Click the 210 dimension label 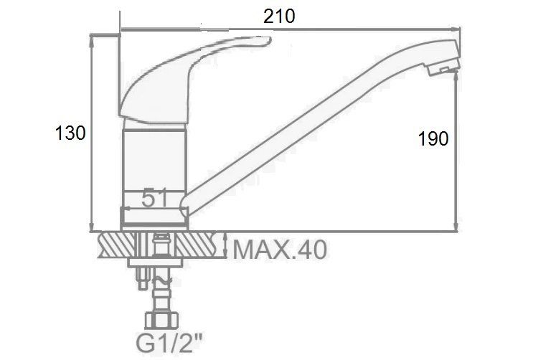(279, 16)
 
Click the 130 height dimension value (70, 133)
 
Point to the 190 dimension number (433, 138)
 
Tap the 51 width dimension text (154, 198)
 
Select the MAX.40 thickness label (280, 250)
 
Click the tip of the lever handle (269, 40)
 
